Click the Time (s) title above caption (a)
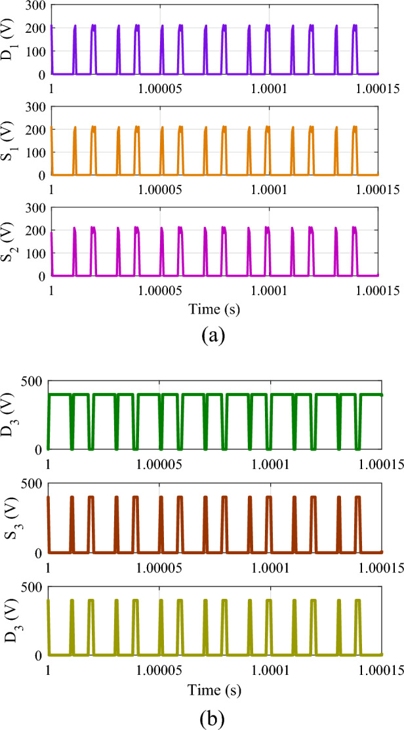(214, 308)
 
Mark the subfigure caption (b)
(214, 716)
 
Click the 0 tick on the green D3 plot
(40, 449)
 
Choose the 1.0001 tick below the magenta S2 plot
(269, 289)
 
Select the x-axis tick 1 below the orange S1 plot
(51, 188)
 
